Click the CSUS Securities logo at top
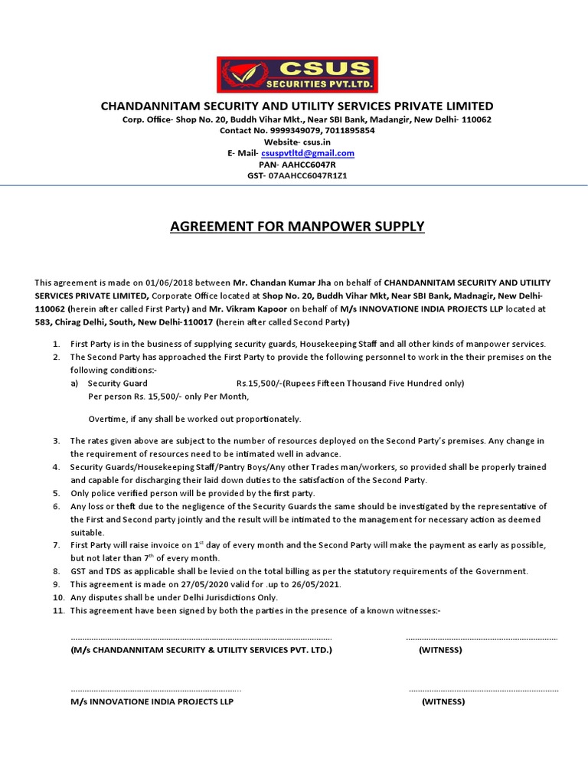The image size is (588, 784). [x=297, y=74]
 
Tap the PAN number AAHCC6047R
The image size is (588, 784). [x=308, y=165]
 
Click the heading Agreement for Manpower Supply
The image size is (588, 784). [x=296, y=227]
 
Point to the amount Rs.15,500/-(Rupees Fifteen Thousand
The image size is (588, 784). [x=350, y=383]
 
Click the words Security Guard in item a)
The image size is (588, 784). [x=118, y=383]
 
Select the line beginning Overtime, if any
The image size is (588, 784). [x=195, y=419]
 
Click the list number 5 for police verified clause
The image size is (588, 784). [x=56, y=493]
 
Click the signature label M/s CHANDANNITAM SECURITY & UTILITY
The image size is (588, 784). [x=201, y=650]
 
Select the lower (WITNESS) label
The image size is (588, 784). [x=443, y=701]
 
